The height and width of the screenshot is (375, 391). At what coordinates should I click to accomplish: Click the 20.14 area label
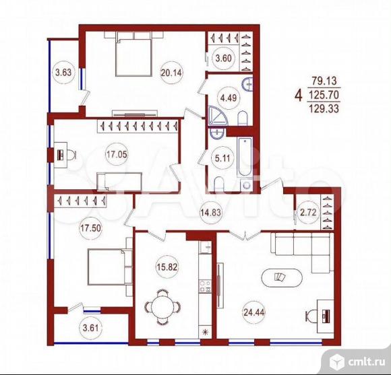point(171,73)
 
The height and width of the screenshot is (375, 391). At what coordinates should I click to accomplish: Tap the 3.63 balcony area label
point(63,73)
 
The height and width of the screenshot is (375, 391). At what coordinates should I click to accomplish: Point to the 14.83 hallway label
point(211,212)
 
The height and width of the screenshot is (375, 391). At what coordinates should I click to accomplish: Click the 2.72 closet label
point(308,212)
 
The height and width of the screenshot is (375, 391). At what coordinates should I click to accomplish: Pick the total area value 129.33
point(324,108)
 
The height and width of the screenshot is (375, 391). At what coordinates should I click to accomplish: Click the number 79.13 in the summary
point(324,81)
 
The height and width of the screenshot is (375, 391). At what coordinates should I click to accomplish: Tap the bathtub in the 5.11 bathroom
point(245,157)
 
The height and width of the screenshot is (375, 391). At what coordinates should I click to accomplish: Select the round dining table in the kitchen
point(162,307)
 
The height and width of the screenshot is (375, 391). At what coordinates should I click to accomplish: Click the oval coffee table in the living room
point(282,278)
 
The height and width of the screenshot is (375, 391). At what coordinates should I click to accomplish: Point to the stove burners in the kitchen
point(205,286)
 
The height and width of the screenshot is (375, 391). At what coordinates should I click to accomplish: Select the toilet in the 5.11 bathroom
point(220,184)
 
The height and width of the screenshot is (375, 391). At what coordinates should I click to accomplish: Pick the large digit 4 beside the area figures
point(299,95)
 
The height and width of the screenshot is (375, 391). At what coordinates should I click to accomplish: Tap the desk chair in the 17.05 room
point(71,155)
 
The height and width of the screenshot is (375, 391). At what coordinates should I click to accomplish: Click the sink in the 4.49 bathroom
point(247,84)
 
